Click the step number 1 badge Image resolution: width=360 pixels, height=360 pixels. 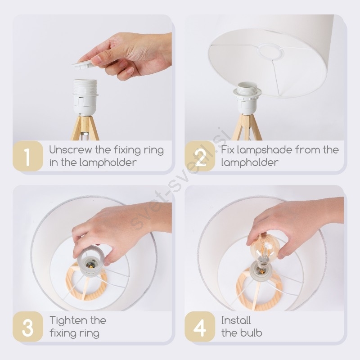[28, 156]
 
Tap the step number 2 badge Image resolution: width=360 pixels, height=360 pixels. [200, 156]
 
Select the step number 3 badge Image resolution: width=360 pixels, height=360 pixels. [28, 327]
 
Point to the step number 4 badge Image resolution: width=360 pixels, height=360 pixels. [200, 327]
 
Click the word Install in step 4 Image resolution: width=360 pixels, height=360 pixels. [236, 320]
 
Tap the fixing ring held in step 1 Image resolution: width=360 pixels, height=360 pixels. [83, 64]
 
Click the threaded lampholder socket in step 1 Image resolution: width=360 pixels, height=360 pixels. [85, 97]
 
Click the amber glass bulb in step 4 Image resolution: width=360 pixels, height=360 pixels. [265, 248]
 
